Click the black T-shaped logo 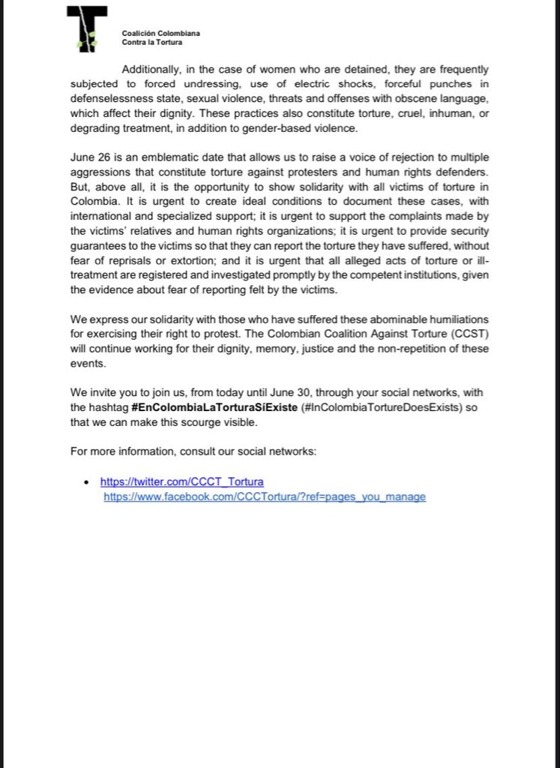coord(87,28)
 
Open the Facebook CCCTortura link coord(265,496)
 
